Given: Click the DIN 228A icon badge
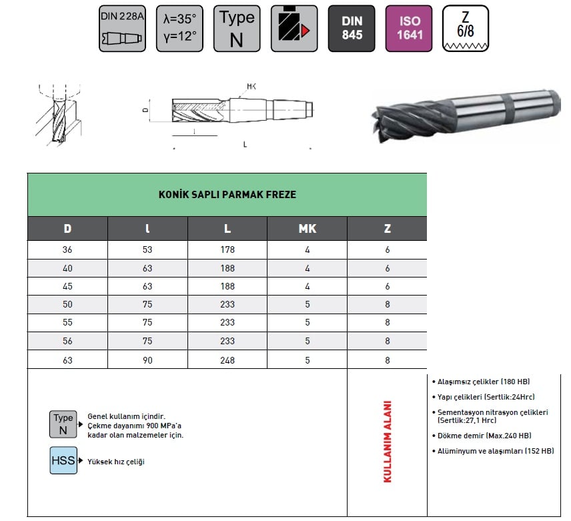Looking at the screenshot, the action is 122,29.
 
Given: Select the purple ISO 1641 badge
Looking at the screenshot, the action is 409,29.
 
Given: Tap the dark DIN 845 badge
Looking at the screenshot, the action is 352,29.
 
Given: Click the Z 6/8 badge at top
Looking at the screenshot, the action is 466,29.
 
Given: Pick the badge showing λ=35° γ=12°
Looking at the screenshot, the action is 179,29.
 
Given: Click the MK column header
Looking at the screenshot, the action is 308,229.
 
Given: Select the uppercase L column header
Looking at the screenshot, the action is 227,229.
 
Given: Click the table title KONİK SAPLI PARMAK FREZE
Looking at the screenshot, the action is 227,194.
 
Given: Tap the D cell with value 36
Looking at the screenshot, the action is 67,249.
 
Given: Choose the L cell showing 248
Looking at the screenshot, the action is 227,360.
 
